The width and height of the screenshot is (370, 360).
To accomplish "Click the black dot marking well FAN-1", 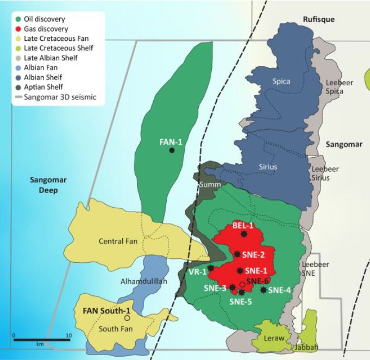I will [172, 151].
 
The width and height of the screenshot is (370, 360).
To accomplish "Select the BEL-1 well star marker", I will [243, 234].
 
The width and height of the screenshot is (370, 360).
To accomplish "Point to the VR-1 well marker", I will [211, 268].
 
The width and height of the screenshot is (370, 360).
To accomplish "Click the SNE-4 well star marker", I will [264, 290].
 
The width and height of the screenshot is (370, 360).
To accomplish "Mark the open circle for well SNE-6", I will [242, 284].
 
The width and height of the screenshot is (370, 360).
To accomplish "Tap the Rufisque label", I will [319, 20].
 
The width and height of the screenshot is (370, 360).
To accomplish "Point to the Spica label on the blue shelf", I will [281, 82].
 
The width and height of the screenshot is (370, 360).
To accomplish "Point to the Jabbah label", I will [305, 347].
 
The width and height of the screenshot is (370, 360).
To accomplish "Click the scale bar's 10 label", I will [67, 336].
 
